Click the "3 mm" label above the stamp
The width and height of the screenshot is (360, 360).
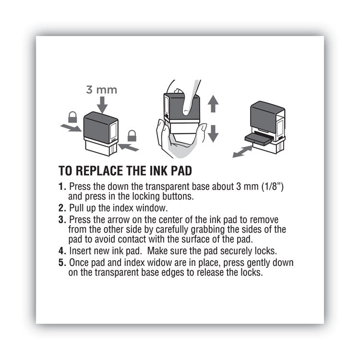pos(101,90)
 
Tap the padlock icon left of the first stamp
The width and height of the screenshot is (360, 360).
pos(72,117)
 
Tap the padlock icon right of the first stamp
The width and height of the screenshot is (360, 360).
pos(132,136)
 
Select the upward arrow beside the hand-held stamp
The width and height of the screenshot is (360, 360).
pos(213,104)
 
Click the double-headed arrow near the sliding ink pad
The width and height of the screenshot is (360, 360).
pos(242,152)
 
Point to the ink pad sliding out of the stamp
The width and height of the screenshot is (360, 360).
pos(259,138)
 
